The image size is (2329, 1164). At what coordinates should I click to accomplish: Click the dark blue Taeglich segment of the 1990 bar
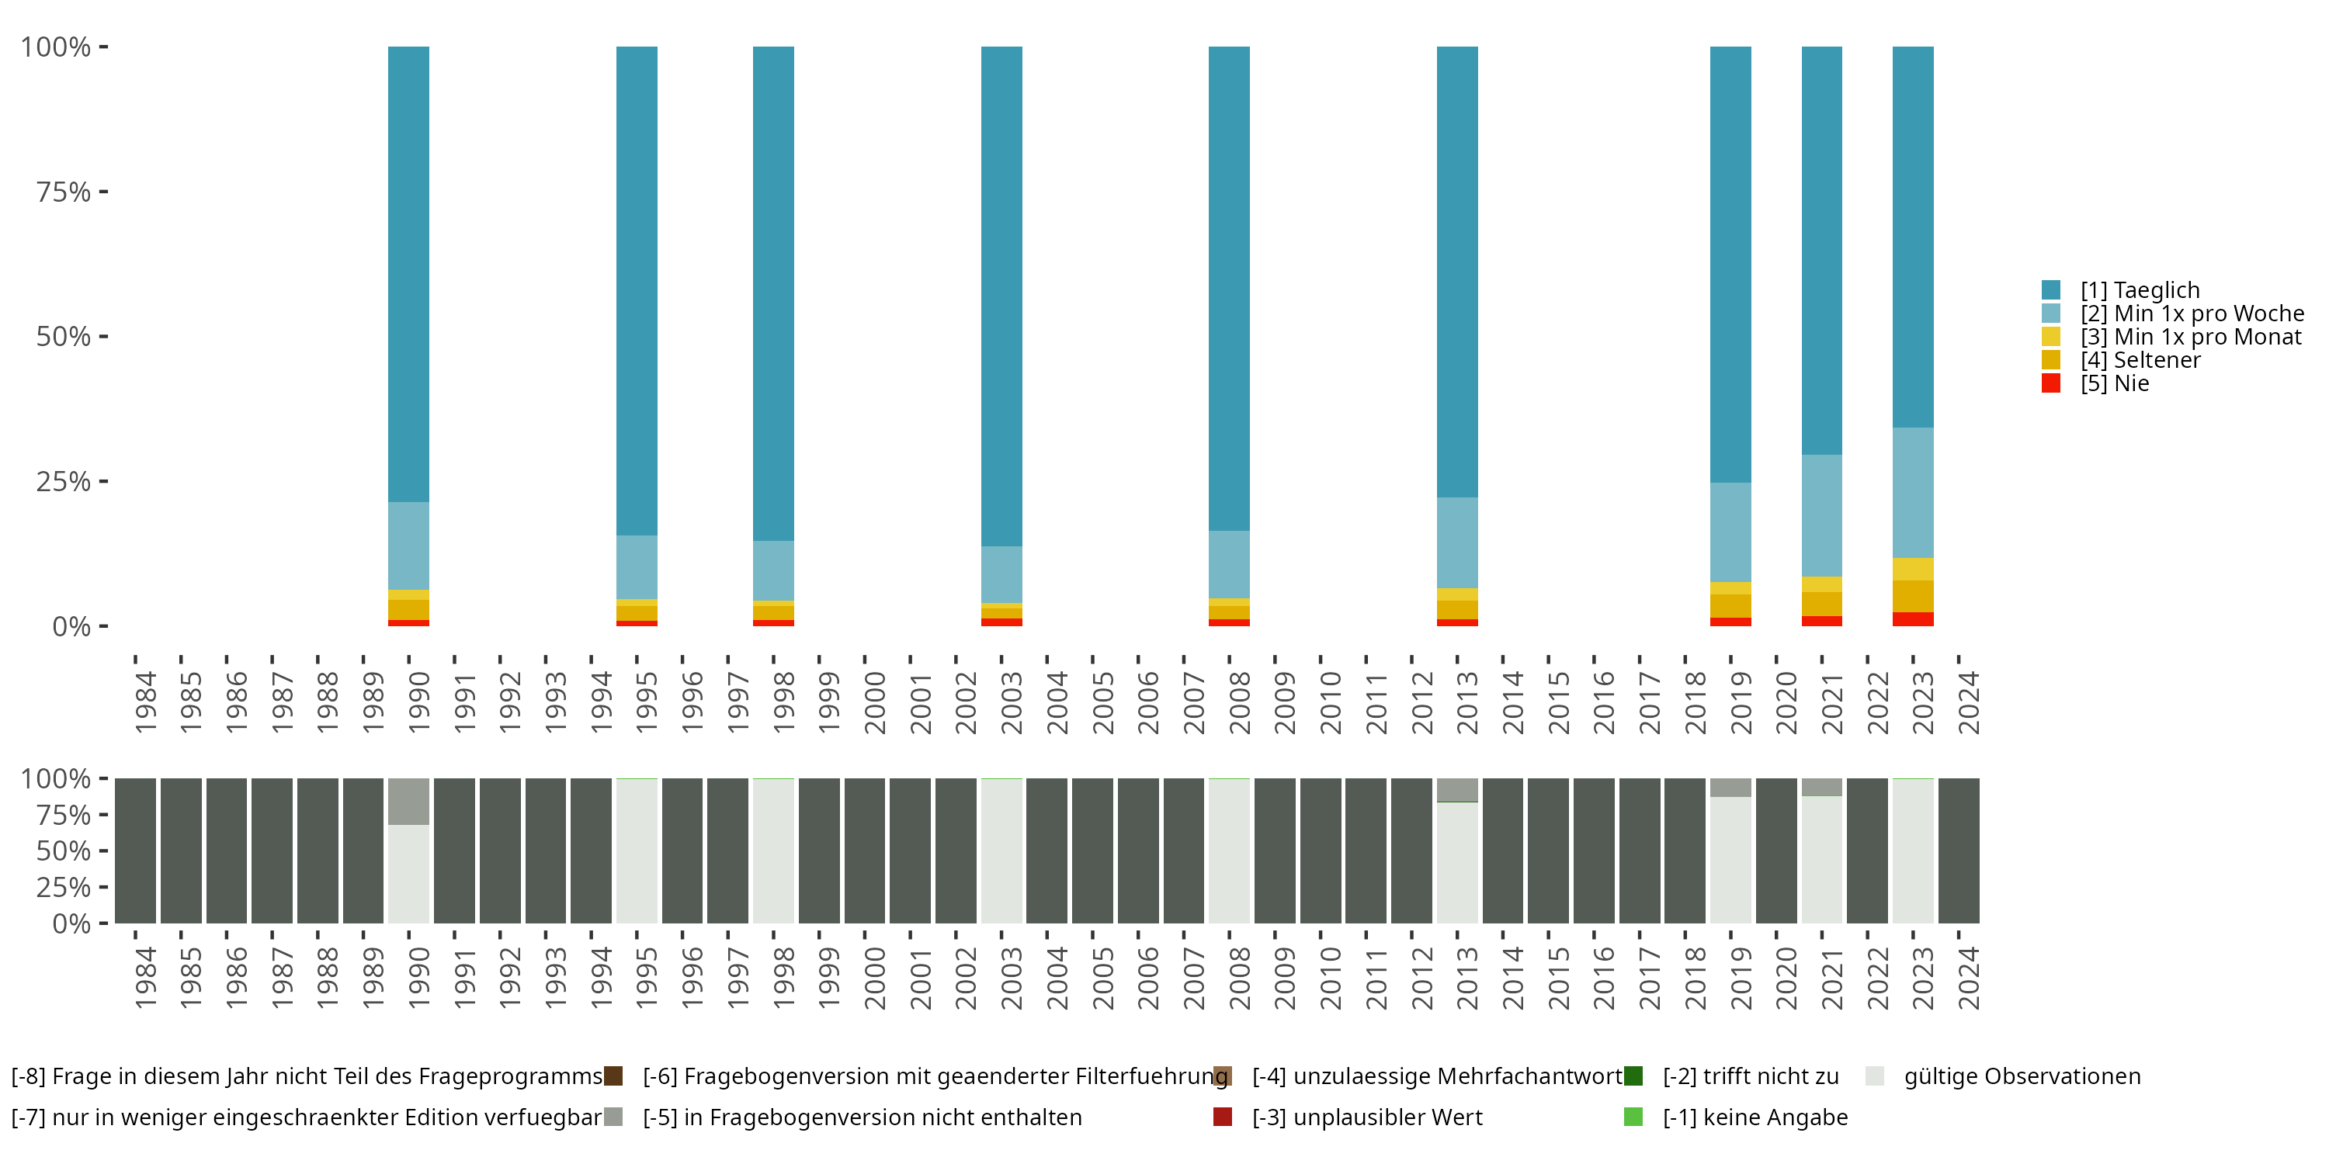(408, 271)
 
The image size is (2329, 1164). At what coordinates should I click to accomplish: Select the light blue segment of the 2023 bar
(1912, 493)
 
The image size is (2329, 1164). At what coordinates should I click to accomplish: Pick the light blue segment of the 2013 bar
(1456, 542)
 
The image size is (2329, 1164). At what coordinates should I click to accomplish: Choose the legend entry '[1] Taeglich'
(2139, 290)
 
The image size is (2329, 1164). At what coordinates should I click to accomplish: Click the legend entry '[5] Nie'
(2114, 383)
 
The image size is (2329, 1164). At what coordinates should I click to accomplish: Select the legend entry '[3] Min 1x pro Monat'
(2190, 337)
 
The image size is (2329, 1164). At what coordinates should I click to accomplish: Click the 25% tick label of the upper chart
(64, 482)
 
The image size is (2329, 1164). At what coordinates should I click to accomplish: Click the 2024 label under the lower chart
(1968, 978)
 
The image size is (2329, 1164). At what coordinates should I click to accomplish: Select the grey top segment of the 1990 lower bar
(408, 801)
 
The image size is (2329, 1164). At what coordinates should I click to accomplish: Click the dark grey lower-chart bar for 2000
(864, 850)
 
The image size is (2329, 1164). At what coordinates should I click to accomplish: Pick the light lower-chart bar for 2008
(1229, 850)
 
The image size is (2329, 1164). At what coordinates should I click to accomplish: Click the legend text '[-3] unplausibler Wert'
(1366, 1117)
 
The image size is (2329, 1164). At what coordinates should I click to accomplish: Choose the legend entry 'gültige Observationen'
(2022, 1076)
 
